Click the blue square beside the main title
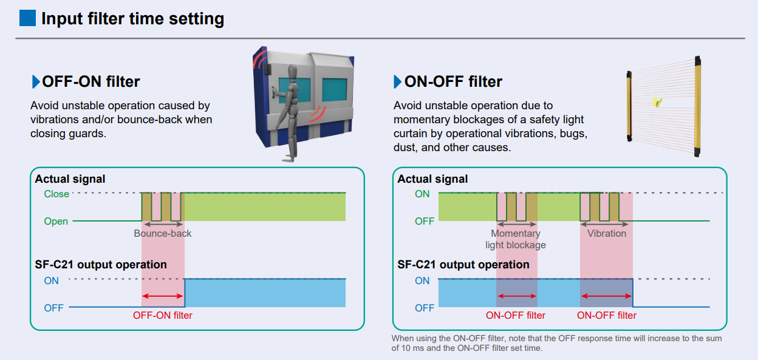(27, 18)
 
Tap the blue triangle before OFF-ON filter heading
(35, 81)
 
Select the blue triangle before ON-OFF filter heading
(398, 81)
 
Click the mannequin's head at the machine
(292, 72)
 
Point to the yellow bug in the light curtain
(657, 102)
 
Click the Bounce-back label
(162, 234)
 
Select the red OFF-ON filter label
(162, 315)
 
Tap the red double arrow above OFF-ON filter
(163, 296)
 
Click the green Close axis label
(56, 194)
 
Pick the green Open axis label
(56, 221)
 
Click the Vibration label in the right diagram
(607, 234)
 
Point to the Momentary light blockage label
(516, 239)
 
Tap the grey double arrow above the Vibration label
(604, 225)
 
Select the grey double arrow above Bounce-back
(163, 224)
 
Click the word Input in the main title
(61, 19)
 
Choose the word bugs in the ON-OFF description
(573, 134)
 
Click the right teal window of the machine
(335, 90)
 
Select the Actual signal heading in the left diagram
(70, 179)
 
